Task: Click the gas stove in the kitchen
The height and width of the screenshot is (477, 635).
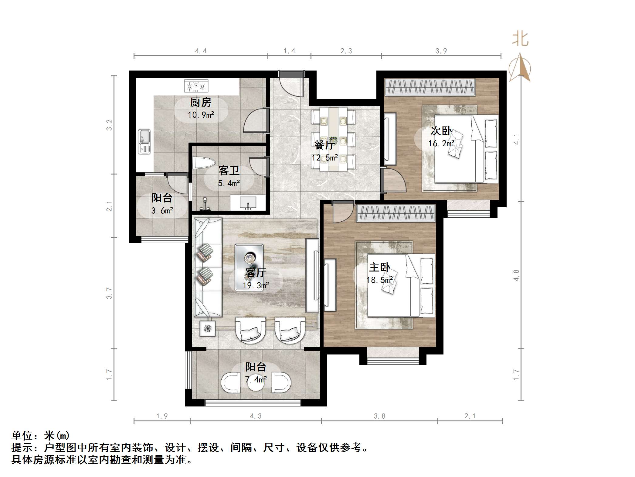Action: coord(196,86)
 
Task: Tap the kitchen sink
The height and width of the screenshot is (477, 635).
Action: coord(144,141)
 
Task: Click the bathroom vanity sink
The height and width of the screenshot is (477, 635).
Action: coord(248,202)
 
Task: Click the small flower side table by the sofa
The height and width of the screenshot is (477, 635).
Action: coord(208,329)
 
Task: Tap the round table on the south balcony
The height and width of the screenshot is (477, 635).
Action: coord(256,384)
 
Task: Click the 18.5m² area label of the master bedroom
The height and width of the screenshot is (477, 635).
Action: coord(380,280)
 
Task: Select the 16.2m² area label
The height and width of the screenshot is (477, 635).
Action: coord(441,143)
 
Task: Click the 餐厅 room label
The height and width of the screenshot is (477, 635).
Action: coord(324,145)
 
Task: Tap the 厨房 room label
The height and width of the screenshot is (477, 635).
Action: coord(201,102)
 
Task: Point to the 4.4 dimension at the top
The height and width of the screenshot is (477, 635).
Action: coord(201,51)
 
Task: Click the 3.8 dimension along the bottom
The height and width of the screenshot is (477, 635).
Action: coord(379,416)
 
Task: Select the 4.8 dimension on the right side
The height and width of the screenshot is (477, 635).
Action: coord(516,275)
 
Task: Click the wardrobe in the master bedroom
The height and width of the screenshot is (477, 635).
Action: coord(396,213)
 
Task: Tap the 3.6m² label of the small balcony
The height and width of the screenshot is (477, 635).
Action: coord(162,210)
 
